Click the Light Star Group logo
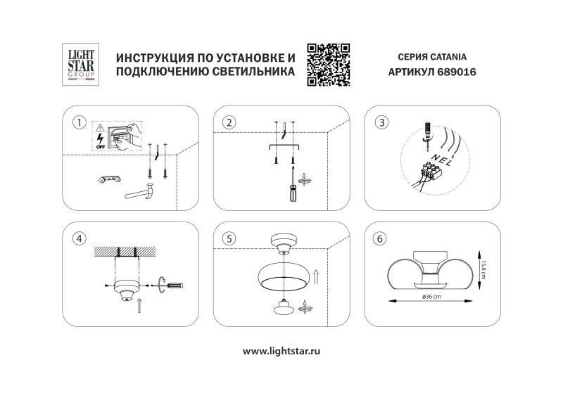point(79,65)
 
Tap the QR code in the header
point(329,65)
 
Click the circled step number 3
point(382,122)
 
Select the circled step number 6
point(381,238)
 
